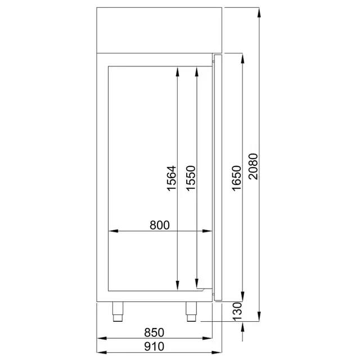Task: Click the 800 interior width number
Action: point(160,225)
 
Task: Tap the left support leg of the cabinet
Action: point(119,311)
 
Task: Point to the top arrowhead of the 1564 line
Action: point(178,71)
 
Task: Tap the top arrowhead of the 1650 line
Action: point(242,58)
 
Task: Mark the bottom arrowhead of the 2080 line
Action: point(259,317)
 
